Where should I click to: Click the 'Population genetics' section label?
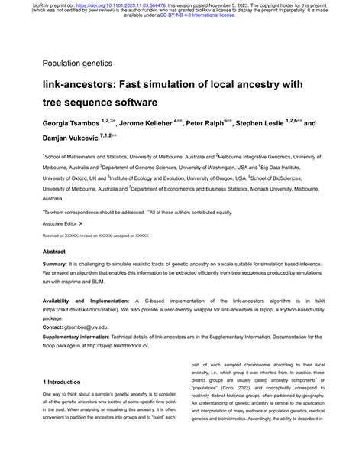pyautogui.click(x=77, y=63)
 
